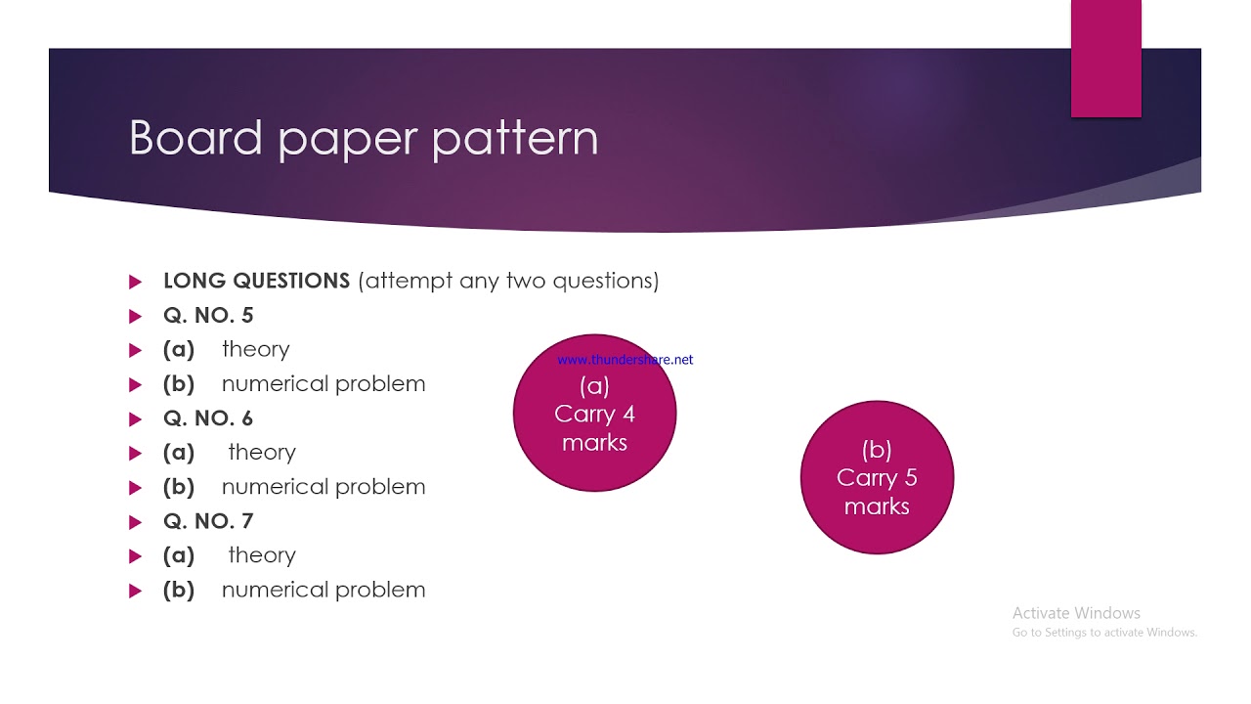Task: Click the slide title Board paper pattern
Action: pos(363,138)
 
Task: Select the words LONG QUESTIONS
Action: pos(256,282)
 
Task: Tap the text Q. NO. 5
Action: pos(208,316)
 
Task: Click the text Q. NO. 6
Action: pos(208,418)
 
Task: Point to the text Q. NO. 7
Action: pos(208,521)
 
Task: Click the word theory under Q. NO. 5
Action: pos(255,350)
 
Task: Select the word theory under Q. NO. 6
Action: pos(262,453)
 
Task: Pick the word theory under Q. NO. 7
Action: pos(262,555)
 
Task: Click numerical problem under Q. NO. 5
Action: pos(324,384)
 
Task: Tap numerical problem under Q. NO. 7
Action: pos(324,590)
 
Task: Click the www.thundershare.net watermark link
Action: pos(625,360)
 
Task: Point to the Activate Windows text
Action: pos(1076,613)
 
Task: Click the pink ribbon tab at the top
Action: pos(1105,59)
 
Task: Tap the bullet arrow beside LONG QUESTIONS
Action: pos(135,283)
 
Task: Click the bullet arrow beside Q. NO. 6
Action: pos(135,419)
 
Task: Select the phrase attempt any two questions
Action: pos(508,282)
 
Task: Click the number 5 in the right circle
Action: pos(911,478)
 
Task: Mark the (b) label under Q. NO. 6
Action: pos(179,487)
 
